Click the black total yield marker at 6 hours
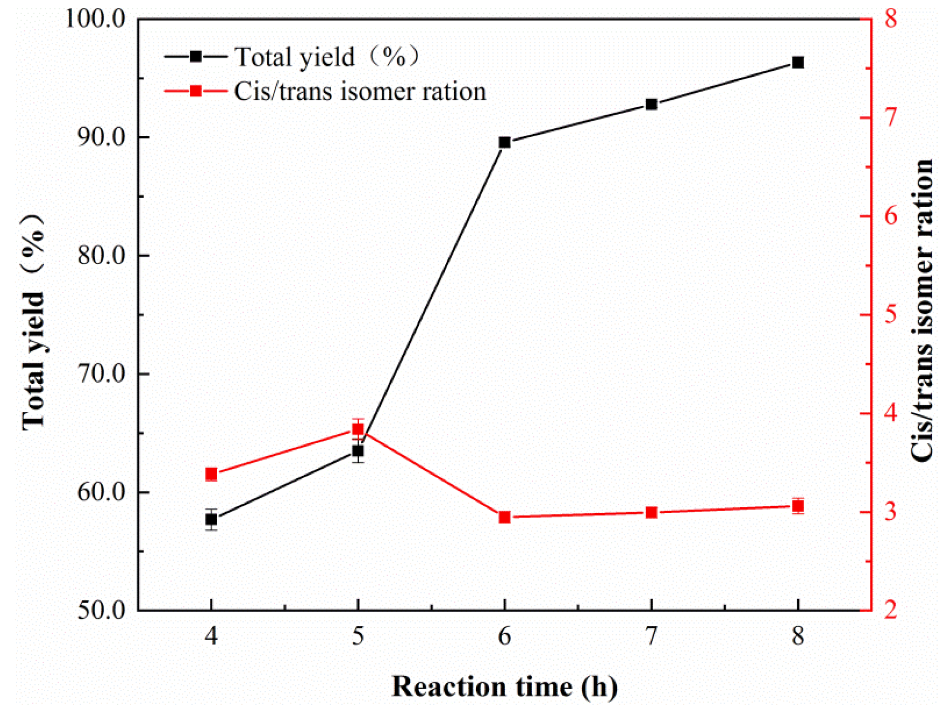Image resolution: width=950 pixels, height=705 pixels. tap(504, 143)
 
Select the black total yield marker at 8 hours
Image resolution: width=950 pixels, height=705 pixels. tap(798, 62)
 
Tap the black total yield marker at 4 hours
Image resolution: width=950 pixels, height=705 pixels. tap(211, 519)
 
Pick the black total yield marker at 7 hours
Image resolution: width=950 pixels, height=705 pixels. tap(651, 104)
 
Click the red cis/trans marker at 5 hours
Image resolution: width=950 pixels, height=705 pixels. tap(358, 429)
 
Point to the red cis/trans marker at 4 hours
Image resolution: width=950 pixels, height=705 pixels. tap(211, 474)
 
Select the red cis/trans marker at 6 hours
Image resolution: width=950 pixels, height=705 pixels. tap(504, 517)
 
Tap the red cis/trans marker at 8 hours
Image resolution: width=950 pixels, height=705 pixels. tap(798, 506)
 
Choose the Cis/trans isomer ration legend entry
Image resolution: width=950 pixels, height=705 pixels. tap(324, 92)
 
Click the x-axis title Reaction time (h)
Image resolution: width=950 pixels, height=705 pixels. tap(504, 686)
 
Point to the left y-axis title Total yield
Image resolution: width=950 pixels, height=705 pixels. tap(33, 322)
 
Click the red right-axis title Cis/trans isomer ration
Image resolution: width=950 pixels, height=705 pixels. tap(921, 310)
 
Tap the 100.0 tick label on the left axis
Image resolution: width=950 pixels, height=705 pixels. tap(95, 20)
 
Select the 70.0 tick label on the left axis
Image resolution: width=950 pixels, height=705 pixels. tap(101, 374)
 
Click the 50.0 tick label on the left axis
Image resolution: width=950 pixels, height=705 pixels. tap(101, 610)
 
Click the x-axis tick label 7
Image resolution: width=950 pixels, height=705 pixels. tap(651, 636)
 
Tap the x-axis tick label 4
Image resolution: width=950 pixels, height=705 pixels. tap(211, 636)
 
